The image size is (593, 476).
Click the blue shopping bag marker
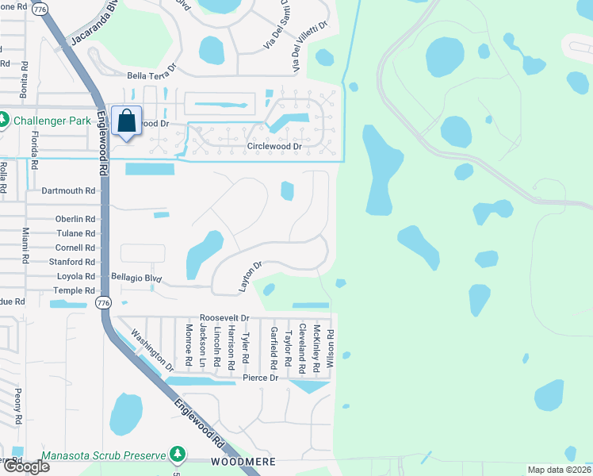click(x=127, y=121)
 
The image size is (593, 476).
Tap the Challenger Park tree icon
click(x=5, y=121)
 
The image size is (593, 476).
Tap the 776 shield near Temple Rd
click(x=102, y=303)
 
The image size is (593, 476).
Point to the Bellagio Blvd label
click(x=136, y=278)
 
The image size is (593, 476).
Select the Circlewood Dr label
click(x=274, y=147)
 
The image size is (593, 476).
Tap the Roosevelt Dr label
click(x=224, y=317)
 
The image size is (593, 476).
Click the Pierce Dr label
click(x=261, y=378)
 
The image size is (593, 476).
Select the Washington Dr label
click(x=152, y=350)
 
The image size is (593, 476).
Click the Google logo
click(x=26, y=466)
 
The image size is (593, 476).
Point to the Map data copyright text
click(x=559, y=470)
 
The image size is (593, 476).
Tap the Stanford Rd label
click(x=72, y=261)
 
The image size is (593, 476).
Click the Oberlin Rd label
click(x=75, y=219)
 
